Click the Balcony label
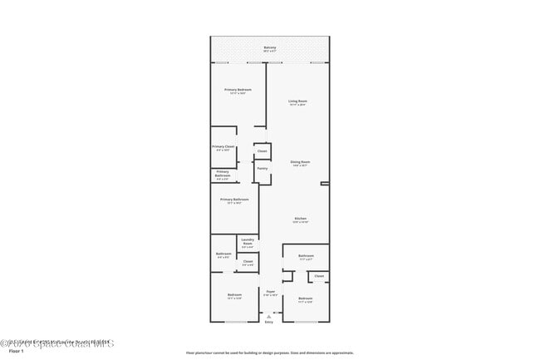pos(270,47)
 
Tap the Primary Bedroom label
pos(238,90)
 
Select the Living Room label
pos(298,101)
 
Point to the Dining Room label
pos(299,161)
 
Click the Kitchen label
pos(300,219)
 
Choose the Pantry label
pos(262,168)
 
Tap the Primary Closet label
pos(223,146)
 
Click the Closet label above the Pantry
pos(262,151)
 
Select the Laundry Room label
pos(247,242)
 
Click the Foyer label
pos(270,291)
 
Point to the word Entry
pos(269,322)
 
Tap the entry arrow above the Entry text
pos(269,315)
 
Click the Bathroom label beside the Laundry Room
pos(223,254)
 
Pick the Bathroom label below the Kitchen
pos(306,255)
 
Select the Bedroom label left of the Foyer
pos(235,294)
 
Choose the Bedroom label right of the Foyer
pos(306,298)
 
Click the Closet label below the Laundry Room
pos(247,263)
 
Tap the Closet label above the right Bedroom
pos(319,275)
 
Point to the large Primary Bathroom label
pos(234,200)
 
